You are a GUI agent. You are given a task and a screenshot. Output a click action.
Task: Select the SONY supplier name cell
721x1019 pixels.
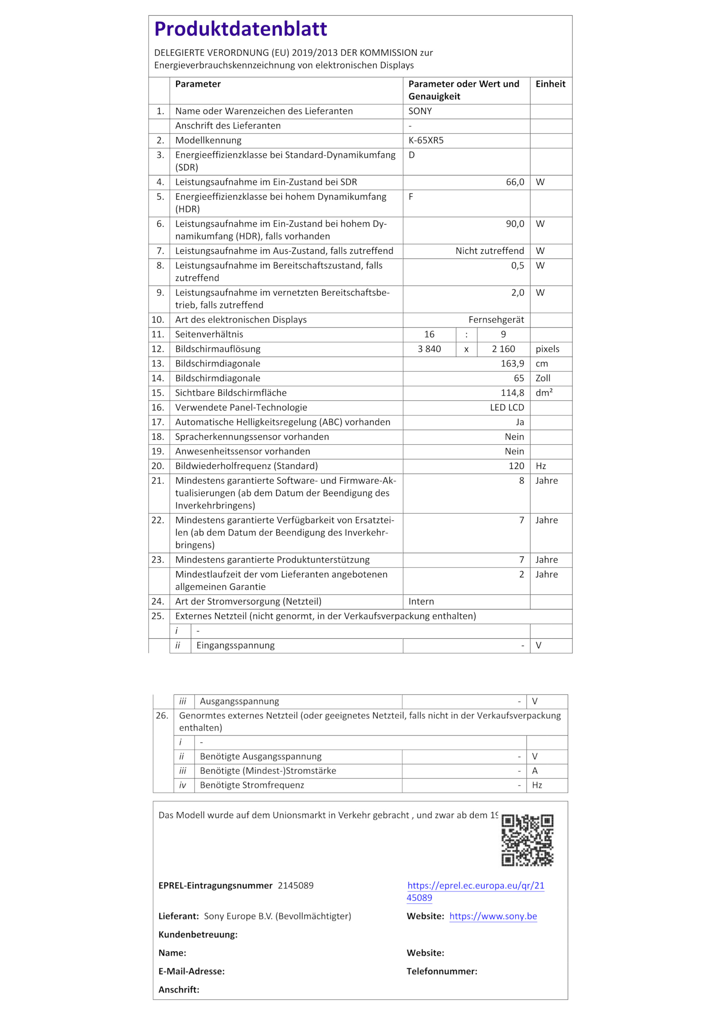pos(420,111)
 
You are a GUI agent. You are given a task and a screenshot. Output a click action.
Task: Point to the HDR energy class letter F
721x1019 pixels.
pos(411,197)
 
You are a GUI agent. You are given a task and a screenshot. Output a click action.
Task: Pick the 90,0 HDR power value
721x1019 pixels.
pos(515,224)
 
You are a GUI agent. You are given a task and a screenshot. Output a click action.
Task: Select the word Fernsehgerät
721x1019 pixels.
pos(496,320)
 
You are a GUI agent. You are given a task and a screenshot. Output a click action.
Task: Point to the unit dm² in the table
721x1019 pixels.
pos(544,393)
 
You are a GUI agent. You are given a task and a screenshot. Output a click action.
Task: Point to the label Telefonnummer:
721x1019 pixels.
pos(441,972)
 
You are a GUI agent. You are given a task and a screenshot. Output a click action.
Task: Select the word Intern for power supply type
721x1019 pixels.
pos(421,602)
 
